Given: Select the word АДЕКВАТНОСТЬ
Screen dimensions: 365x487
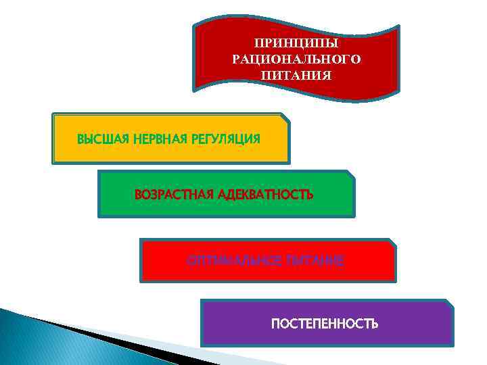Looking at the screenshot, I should pyautogui.click(x=266, y=195).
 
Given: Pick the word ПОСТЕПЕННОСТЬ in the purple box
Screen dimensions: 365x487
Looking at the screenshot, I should pyautogui.click(x=325, y=324).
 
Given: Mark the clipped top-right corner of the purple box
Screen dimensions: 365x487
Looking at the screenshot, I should pyautogui.click(x=449, y=303).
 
